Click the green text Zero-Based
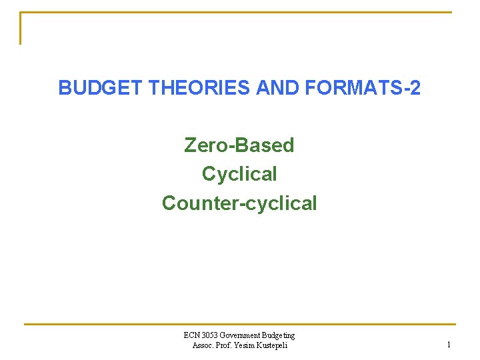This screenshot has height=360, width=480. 239,145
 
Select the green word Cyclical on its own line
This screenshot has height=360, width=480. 239,174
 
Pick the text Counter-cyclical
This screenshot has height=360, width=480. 239,203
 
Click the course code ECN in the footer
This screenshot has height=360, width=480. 192,335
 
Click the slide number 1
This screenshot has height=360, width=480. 449,345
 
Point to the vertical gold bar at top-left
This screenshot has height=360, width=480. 21,28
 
